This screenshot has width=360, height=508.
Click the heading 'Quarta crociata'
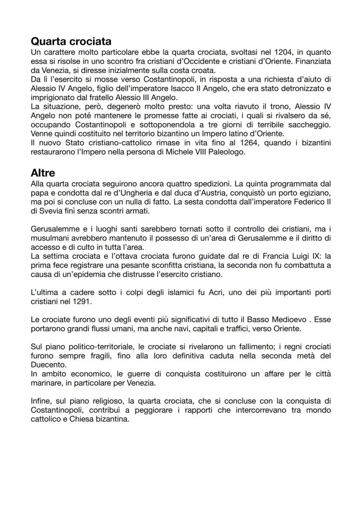tap(71, 42)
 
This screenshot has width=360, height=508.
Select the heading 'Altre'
tap(43, 173)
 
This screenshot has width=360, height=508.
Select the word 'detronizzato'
tap(304, 89)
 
